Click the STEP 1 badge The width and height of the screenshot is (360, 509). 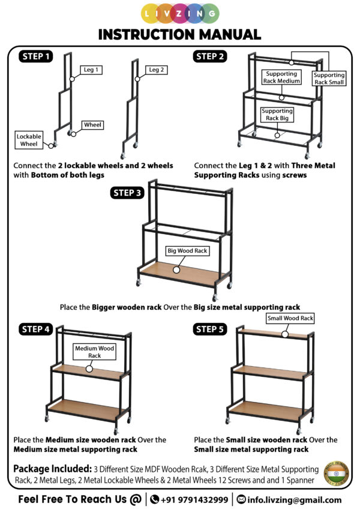tap(36, 57)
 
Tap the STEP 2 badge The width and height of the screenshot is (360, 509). tap(209, 56)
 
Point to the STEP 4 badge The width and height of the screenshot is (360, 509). tap(36, 329)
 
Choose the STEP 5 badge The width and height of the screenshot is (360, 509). tap(209, 329)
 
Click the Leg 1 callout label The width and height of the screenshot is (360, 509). tap(91, 70)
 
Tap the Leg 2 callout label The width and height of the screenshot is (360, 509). tap(157, 70)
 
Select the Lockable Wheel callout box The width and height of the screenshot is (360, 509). tap(29, 140)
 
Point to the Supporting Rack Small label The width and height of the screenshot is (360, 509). tap(329, 79)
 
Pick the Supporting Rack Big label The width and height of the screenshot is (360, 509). tap(277, 114)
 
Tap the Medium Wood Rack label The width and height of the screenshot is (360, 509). tap(95, 352)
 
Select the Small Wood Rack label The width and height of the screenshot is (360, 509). tap(290, 318)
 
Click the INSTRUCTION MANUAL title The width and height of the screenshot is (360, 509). tap(179, 34)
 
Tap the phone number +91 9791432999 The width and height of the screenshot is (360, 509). tap(194, 499)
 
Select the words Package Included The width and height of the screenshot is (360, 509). tap(51, 468)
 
